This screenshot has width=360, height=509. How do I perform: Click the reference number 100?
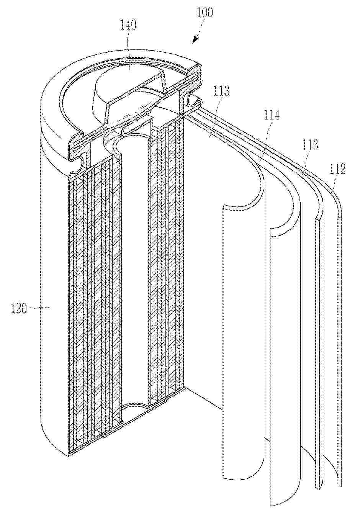pos(205,12)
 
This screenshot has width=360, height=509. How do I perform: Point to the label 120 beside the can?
pos(19,309)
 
